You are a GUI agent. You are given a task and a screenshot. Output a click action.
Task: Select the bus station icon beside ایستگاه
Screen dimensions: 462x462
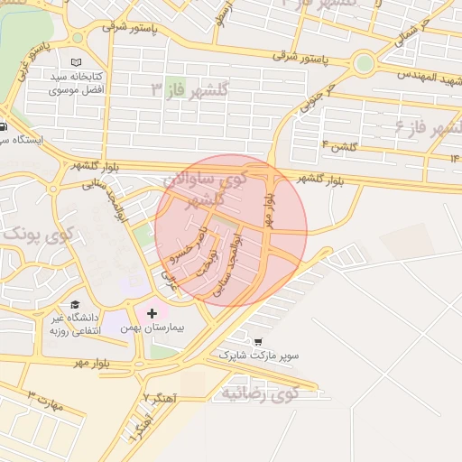pyautogui.click(x=4, y=126)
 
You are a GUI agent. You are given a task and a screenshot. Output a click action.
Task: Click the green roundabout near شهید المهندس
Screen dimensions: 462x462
pyautogui.click(x=364, y=63)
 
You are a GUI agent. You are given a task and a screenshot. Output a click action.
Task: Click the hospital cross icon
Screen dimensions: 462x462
pyautogui.click(x=163, y=312)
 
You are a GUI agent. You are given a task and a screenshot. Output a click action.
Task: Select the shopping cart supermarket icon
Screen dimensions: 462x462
pyautogui.click(x=259, y=343)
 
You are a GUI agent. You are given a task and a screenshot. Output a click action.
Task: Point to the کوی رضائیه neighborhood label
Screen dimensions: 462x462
pyautogui.click(x=260, y=393)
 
